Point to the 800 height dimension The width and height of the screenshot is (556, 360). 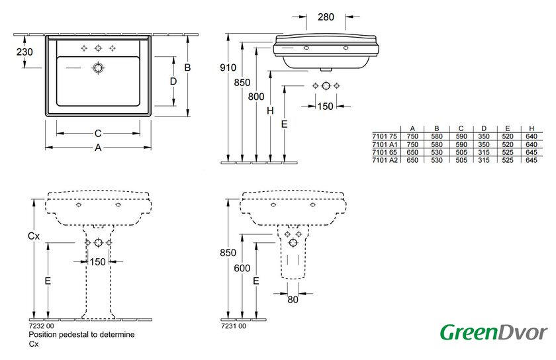[x=256, y=96]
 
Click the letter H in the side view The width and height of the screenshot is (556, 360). [x=270, y=111]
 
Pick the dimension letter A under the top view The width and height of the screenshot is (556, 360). [x=98, y=148]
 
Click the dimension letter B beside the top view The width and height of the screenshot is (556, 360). [x=188, y=67]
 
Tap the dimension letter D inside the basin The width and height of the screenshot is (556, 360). [x=173, y=81]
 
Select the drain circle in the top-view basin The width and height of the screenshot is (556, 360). [x=99, y=67]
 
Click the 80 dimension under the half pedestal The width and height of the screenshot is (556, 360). [x=293, y=300]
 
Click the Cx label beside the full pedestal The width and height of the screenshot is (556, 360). [x=33, y=236]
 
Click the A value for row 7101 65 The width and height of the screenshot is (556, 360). [x=412, y=152]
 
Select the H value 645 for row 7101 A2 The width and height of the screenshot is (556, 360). [x=531, y=159]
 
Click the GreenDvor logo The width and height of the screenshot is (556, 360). [x=494, y=332]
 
